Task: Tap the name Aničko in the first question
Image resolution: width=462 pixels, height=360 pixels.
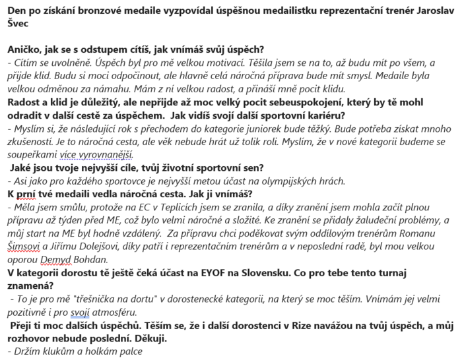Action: (x=24, y=49)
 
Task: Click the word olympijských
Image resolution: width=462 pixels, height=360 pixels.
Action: (x=261, y=181)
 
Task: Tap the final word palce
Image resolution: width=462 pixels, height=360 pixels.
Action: (x=131, y=352)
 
